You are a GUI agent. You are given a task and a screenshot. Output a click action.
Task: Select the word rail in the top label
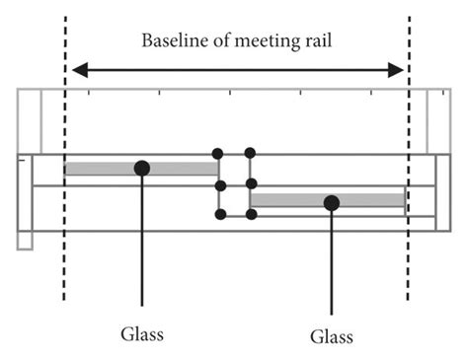click(314, 41)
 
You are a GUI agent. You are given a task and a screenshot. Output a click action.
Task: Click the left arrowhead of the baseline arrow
click(78, 70)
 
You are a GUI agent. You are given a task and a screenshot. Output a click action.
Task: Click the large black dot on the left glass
click(142, 169)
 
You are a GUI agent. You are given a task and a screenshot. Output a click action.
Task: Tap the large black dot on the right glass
click(332, 202)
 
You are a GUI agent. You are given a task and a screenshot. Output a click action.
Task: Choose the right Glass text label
click(332, 337)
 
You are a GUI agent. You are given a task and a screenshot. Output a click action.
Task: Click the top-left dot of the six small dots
click(219, 153)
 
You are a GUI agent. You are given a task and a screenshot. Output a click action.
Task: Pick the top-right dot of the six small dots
click(250, 153)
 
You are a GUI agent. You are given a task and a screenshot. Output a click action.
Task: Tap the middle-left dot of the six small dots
click(220, 184)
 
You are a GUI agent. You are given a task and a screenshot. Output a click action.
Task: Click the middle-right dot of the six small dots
click(250, 184)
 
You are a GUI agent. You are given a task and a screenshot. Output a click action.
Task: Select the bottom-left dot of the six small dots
click(220, 214)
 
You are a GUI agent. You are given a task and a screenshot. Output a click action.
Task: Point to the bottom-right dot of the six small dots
click(250, 214)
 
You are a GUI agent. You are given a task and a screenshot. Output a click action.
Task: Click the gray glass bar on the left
click(99, 169)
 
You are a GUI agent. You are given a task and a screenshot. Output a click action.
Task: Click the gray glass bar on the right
click(375, 200)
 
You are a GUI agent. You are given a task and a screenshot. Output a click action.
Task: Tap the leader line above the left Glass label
click(142, 247)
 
